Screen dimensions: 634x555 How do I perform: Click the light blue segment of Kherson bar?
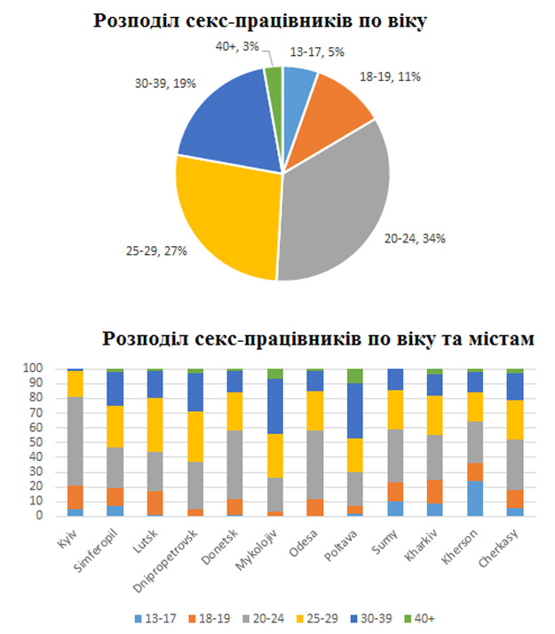point(475,498)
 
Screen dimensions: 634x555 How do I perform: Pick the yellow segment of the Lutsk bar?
point(155,424)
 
